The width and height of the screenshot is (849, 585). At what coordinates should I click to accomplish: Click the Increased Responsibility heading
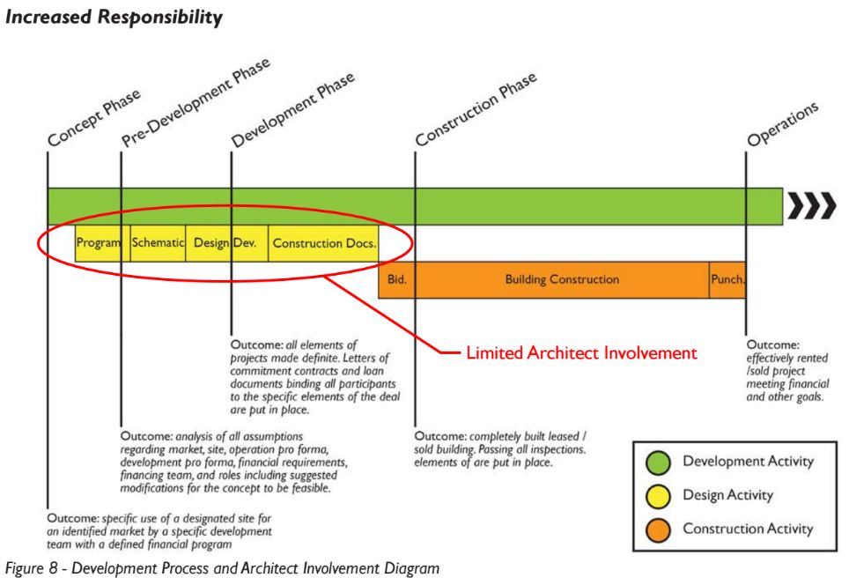click(x=114, y=18)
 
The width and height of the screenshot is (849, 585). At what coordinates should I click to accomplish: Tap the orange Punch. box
click(x=727, y=279)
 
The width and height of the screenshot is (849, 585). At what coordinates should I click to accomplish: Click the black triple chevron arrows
click(x=811, y=206)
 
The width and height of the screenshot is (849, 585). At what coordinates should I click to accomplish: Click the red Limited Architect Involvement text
click(x=581, y=353)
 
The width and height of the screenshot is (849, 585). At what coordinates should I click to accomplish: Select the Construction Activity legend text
click(x=748, y=529)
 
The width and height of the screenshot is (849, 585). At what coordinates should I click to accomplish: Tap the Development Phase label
click(x=293, y=110)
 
